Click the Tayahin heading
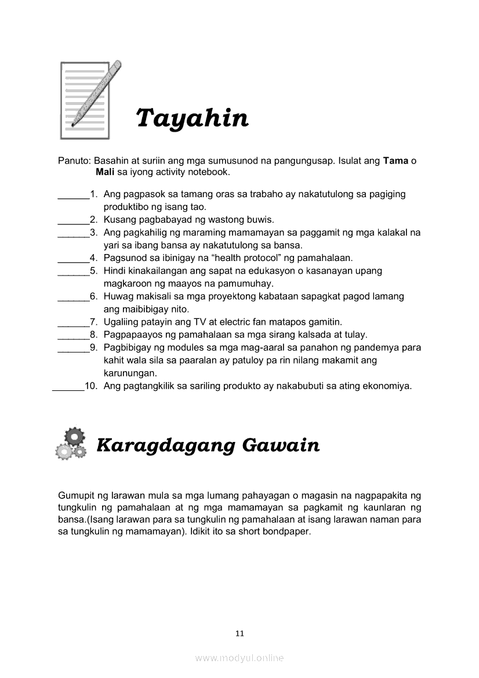[x=192, y=119]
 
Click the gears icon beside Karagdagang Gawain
[x=71, y=444]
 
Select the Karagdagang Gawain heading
[x=208, y=445]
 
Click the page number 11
[x=239, y=633]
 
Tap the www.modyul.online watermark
[x=239, y=658]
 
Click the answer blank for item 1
[x=71, y=195]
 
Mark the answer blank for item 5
[x=71, y=271]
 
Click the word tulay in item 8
[x=356, y=335]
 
